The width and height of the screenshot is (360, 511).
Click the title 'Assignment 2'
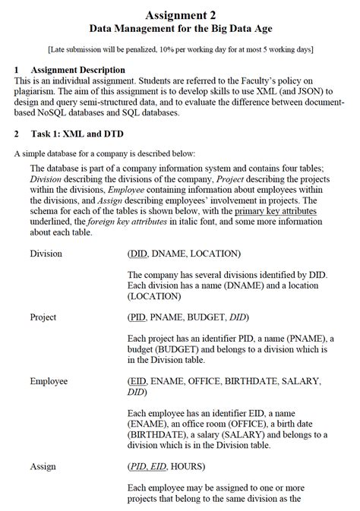[x=180, y=14]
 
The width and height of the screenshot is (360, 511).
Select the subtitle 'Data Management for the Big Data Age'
[x=180, y=29]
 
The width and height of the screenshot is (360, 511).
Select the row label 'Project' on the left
[x=43, y=317]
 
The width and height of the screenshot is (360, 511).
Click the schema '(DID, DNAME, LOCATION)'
[x=185, y=254]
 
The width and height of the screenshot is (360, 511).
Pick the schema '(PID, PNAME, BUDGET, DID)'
[x=188, y=317]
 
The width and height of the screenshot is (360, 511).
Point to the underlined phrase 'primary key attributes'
[x=275, y=210]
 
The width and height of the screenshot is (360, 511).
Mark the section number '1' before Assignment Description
[x=16, y=70]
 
